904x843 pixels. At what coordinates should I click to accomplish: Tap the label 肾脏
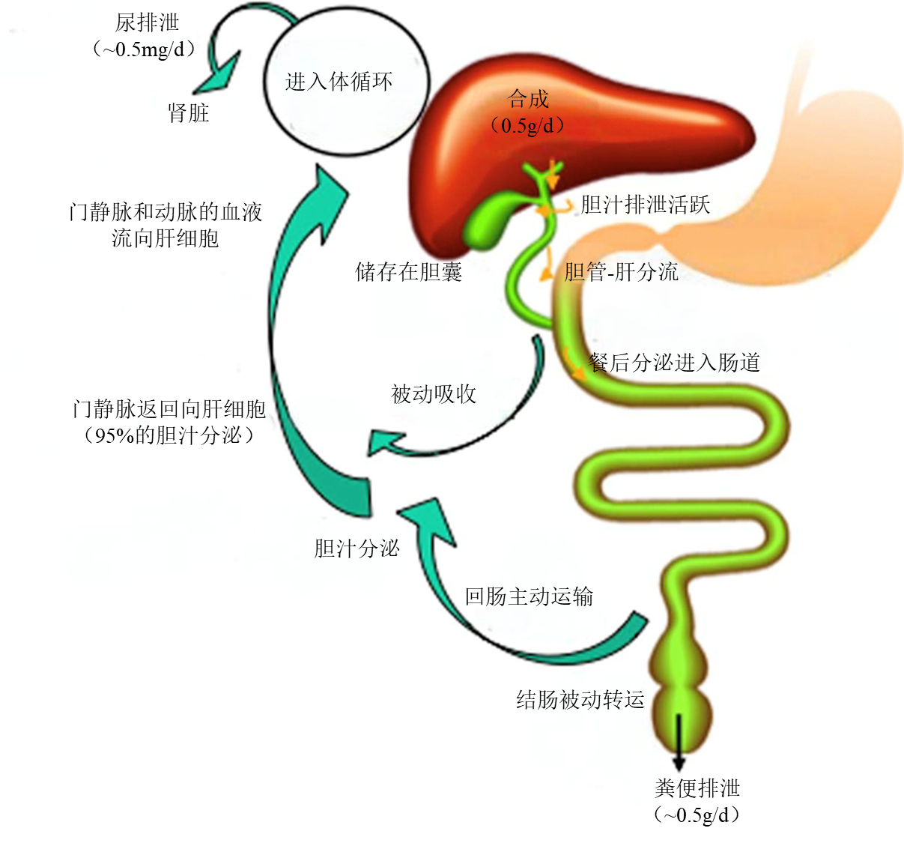coord(189,113)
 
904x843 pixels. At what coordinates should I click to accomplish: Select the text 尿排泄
coord(147,23)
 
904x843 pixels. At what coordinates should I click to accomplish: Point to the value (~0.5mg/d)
coord(145,49)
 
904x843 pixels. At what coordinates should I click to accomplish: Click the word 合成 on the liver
coord(528,100)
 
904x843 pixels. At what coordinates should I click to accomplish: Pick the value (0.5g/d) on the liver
coord(528,125)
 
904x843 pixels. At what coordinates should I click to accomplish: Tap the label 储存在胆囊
coord(408,271)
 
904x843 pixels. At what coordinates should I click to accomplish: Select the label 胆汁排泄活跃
coord(645,205)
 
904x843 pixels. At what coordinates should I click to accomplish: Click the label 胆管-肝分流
coord(622,271)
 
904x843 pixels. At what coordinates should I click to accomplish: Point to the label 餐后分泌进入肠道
coord(675,363)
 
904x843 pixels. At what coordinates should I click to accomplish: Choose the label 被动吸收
coord(434,394)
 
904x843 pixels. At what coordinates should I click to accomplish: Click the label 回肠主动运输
coord(529,596)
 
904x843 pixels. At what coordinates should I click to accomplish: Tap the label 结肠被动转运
coord(580,700)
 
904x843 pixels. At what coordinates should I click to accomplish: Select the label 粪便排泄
coord(697,788)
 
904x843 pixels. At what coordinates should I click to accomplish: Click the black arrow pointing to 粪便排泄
coord(679,742)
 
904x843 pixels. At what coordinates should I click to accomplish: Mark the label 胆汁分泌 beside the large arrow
coord(357,549)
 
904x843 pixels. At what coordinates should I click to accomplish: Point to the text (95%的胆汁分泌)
coord(169,435)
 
